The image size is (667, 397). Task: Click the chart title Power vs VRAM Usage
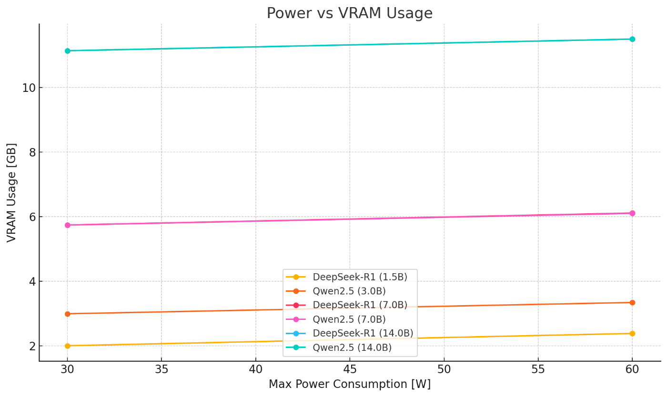click(349, 13)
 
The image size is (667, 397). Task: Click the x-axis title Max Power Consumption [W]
click(349, 384)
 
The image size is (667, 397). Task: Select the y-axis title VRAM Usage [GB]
click(12, 192)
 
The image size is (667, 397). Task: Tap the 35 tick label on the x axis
click(161, 369)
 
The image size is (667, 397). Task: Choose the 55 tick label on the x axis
click(538, 369)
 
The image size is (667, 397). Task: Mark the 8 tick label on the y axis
click(32, 152)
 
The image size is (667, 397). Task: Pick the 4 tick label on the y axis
click(32, 281)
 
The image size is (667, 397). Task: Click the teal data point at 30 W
click(67, 51)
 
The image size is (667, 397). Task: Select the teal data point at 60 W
click(632, 39)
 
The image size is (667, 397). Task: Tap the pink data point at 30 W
click(67, 225)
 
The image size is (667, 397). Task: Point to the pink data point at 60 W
click(632, 213)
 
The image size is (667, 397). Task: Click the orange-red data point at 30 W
click(67, 314)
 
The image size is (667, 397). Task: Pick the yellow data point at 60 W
click(632, 334)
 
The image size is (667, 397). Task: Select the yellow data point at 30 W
click(67, 346)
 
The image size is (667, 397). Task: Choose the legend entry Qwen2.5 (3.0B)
click(349, 291)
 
